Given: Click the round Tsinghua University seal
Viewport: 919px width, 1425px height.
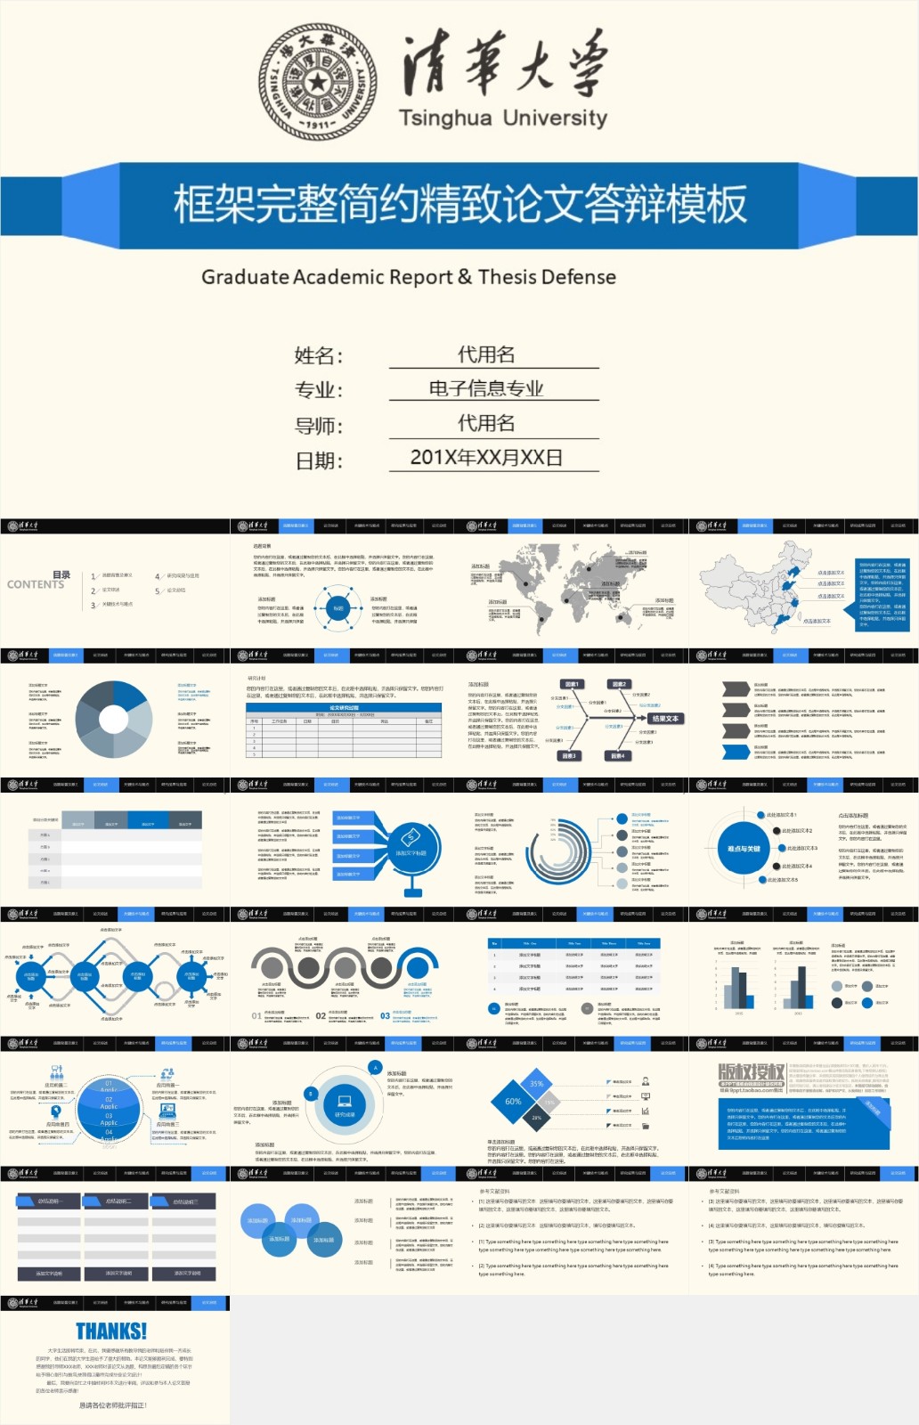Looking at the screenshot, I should (x=317, y=82).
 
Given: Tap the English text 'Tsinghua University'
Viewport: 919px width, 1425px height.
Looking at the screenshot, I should (x=502, y=118).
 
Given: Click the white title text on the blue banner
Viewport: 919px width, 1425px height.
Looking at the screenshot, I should (x=459, y=205).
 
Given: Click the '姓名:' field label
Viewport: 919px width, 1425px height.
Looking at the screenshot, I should (x=319, y=356).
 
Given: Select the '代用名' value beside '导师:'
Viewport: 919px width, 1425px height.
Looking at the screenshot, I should (x=486, y=423).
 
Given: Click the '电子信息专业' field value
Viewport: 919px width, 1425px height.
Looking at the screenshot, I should (x=486, y=388).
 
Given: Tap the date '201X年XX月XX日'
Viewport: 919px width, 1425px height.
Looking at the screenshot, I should (x=486, y=458).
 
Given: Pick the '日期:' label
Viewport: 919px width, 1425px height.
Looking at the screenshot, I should (x=319, y=461).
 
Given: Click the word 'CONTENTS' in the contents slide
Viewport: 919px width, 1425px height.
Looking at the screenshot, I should (x=36, y=585).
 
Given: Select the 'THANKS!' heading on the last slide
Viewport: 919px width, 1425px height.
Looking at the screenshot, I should (x=111, y=1331).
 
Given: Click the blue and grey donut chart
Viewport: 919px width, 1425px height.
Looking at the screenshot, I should (x=113, y=719).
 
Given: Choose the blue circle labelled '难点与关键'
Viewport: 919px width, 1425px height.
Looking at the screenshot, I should (x=744, y=849).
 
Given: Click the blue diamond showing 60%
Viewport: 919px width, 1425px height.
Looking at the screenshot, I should (x=514, y=1102).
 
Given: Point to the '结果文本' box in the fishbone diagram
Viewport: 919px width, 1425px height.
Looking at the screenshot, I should (x=664, y=719).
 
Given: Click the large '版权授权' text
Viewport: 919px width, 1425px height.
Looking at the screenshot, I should (x=752, y=1072).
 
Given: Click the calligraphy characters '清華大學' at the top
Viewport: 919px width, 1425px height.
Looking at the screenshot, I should (x=504, y=64).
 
